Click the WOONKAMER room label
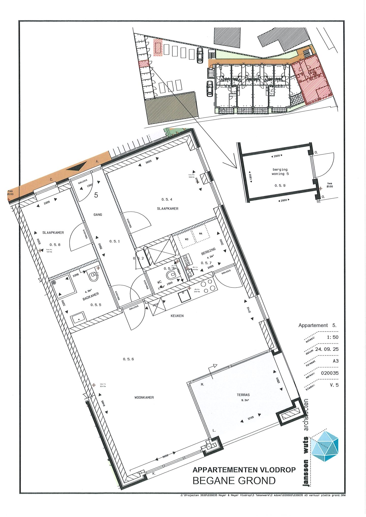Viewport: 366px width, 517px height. pyautogui.click(x=144, y=397)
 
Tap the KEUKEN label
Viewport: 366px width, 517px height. pyautogui.click(x=177, y=316)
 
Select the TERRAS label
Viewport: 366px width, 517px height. pyautogui.click(x=243, y=395)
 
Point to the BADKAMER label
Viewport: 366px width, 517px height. pyautogui.click(x=91, y=296)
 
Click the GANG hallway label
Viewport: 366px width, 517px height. pyautogui.click(x=98, y=215)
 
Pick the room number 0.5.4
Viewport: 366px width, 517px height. pyautogui.click(x=167, y=199)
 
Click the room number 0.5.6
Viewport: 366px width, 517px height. pyautogui.click(x=128, y=359)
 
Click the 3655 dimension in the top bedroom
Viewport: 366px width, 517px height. pyautogui.click(x=148, y=161)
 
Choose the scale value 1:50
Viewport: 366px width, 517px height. pyautogui.click(x=332, y=337)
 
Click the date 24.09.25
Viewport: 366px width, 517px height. pyautogui.click(x=327, y=349)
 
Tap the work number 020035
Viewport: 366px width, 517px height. pyautogui.click(x=330, y=373)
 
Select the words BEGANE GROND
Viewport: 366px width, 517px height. pyautogui.click(x=234, y=481)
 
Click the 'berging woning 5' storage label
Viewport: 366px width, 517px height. pyautogui.click(x=280, y=172)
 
